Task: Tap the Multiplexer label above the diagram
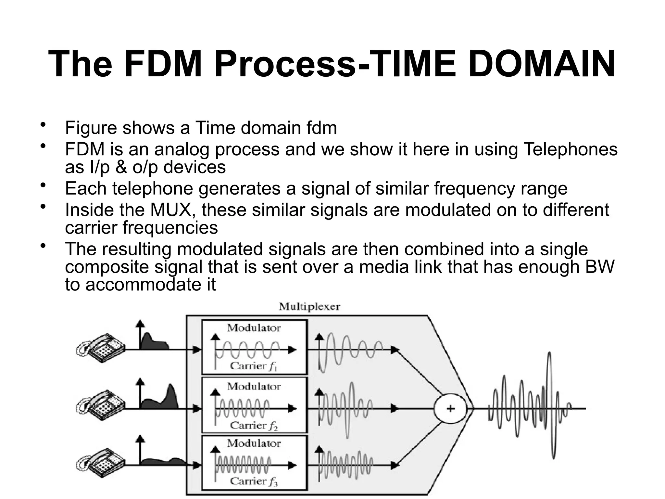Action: point(309,307)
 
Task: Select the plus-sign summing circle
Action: point(450,408)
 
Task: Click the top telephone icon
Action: point(100,349)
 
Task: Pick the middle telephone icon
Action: point(100,407)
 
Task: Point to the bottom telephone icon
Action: point(100,464)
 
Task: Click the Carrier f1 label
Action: point(254,366)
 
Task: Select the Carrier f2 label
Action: point(254,425)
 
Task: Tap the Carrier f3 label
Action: point(254,481)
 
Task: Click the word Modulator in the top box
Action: point(254,328)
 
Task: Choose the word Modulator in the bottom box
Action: point(254,443)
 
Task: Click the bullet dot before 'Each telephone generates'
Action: point(43,186)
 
